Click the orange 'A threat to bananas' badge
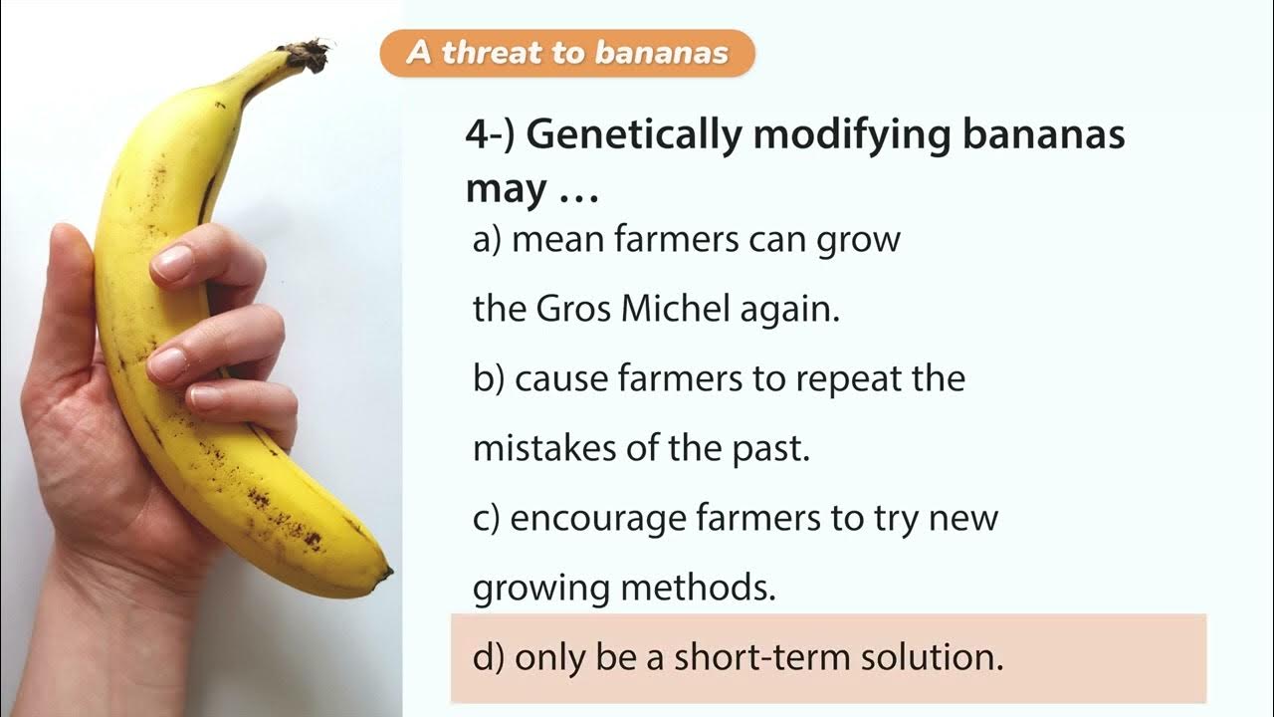click(x=567, y=53)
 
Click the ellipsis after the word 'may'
click(x=577, y=192)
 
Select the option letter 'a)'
click(x=488, y=241)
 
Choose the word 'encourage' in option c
click(x=598, y=519)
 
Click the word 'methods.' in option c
click(x=698, y=589)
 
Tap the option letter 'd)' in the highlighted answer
click(x=489, y=658)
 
